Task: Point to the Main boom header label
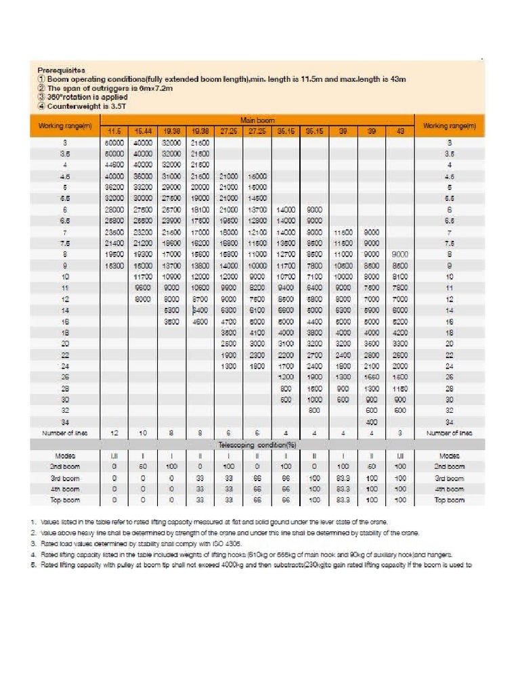click(255, 120)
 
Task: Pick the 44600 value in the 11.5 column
click(112, 164)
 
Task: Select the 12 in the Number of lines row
click(112, 432)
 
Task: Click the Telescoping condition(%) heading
click(255, 444)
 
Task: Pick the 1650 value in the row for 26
click(371, 377)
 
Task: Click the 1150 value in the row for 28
click(399, 388)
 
